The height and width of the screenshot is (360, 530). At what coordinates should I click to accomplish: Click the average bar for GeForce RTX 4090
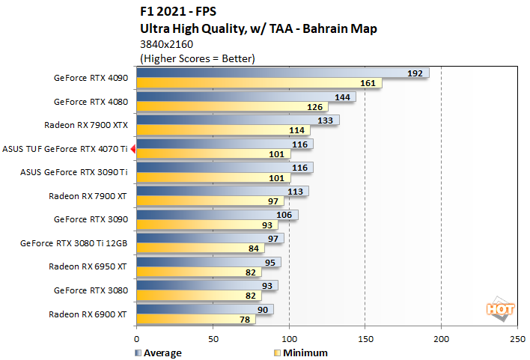[282, 73]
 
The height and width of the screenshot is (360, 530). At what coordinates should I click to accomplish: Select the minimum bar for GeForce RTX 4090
[259, 83]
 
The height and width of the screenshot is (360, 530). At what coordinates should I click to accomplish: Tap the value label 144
[344, 97]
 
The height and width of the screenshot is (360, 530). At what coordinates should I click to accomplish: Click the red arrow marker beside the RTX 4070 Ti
[132, 149]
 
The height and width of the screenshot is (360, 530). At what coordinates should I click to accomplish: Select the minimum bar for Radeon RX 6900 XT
[195, 320]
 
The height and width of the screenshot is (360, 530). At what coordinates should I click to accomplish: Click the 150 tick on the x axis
[365, 338]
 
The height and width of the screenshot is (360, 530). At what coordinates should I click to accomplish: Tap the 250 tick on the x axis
[517, 338]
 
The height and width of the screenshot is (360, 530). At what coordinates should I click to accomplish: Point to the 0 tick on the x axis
[136, 338]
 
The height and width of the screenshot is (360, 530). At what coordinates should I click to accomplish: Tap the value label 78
[245, 320]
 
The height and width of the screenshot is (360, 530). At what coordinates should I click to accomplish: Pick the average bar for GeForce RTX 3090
[217, 215]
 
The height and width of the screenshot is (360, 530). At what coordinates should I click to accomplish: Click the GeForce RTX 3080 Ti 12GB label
[74, 243]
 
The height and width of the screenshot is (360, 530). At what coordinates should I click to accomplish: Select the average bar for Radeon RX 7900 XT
[222, 191]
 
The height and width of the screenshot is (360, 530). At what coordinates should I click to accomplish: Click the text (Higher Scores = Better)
[198, 58]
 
